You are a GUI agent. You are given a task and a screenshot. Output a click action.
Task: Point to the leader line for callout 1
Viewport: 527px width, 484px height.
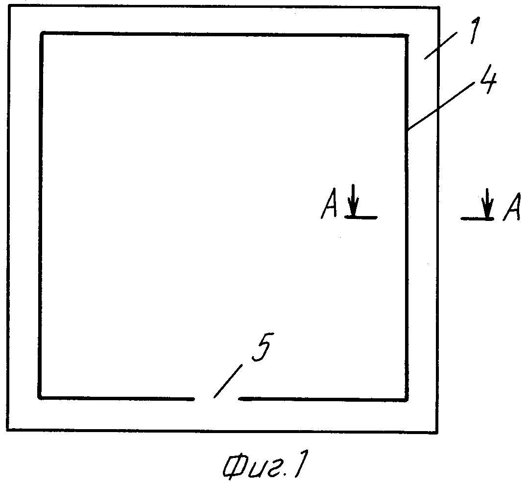441,46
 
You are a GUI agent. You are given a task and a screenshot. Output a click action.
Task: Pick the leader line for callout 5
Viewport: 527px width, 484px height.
228,381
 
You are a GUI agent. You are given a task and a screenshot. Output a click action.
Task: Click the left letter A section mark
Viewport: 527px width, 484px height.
329,204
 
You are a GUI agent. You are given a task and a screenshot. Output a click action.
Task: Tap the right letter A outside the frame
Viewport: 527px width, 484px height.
512,207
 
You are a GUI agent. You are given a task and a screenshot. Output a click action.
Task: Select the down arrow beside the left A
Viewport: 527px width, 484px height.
353,200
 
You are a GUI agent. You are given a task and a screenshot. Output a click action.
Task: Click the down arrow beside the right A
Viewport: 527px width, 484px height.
487,203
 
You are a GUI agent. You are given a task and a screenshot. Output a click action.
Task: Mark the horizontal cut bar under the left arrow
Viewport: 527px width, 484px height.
361,218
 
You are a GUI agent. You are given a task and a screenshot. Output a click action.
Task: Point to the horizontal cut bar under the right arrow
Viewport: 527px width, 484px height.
477,219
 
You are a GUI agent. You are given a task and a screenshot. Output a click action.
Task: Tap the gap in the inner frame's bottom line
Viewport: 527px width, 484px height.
216,399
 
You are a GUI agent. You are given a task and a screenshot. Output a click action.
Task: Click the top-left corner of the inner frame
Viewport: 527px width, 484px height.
41,33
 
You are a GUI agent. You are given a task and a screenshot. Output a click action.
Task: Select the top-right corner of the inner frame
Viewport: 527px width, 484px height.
407,35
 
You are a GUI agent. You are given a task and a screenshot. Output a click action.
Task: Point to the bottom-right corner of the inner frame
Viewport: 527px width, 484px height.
407,400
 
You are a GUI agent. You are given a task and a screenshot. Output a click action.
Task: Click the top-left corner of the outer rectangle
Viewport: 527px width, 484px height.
9,6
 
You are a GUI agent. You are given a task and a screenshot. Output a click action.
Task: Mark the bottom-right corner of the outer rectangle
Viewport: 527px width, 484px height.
437,433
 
